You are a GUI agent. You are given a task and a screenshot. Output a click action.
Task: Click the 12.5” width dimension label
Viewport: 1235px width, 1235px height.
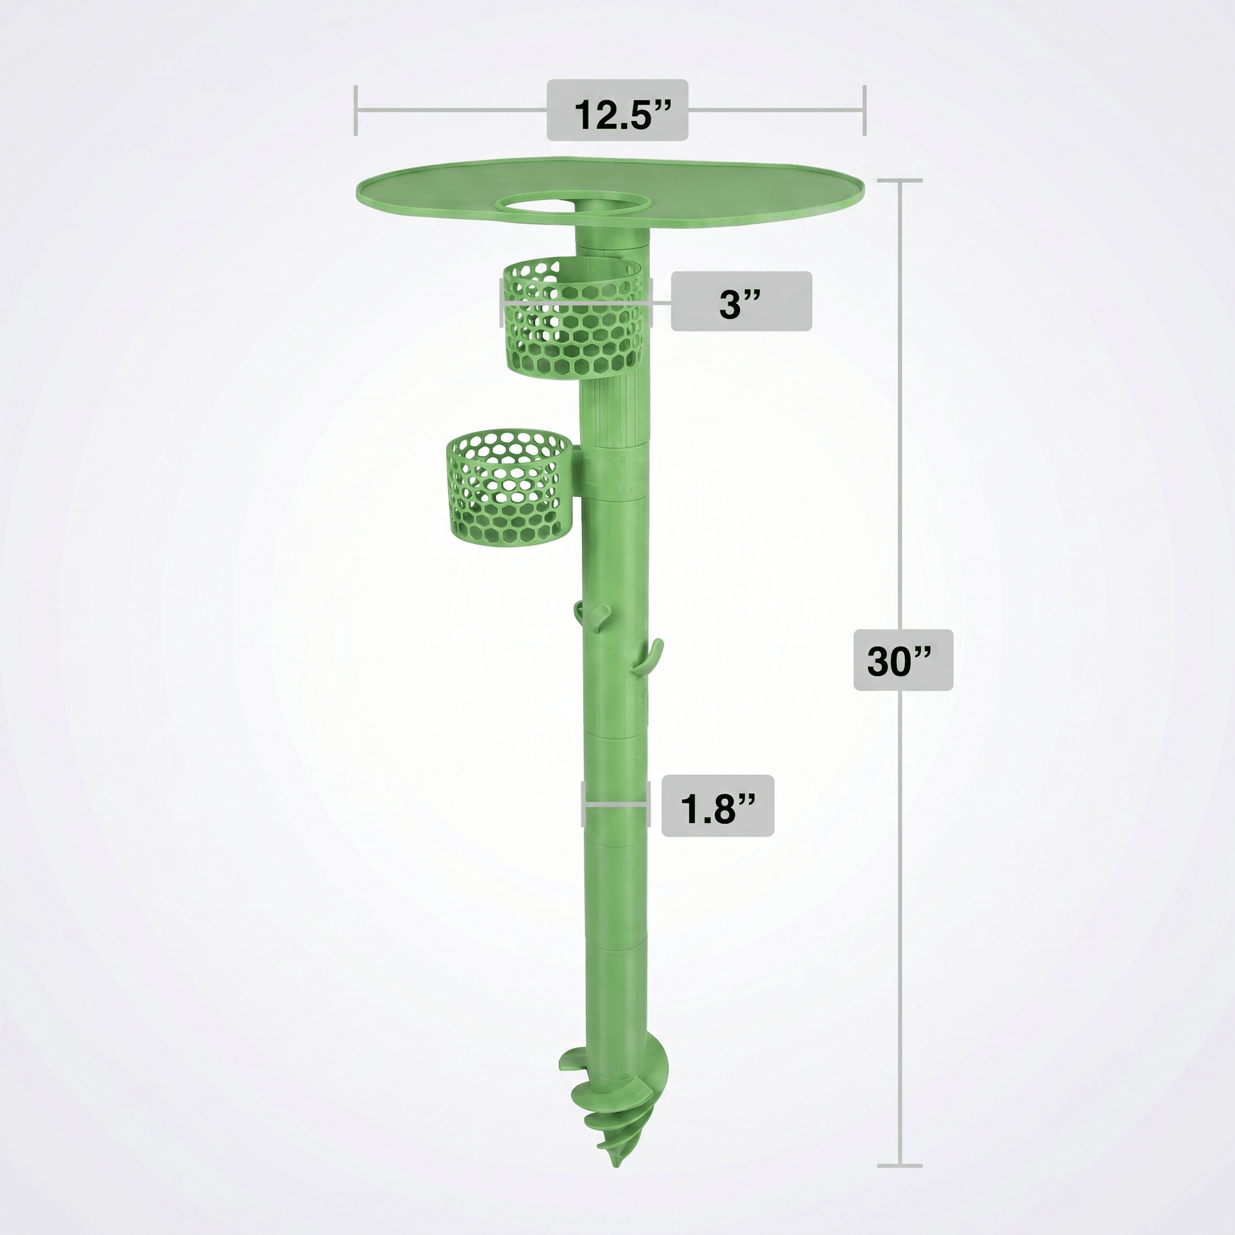click(x=617, y=110)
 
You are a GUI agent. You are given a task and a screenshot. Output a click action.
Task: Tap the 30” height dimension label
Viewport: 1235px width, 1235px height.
click(x=903, y=659)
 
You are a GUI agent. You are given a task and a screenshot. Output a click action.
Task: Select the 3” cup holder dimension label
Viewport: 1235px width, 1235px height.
click(x=741, y=301)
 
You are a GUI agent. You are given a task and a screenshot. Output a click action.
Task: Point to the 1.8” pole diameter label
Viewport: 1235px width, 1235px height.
click(x=717, y=806)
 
